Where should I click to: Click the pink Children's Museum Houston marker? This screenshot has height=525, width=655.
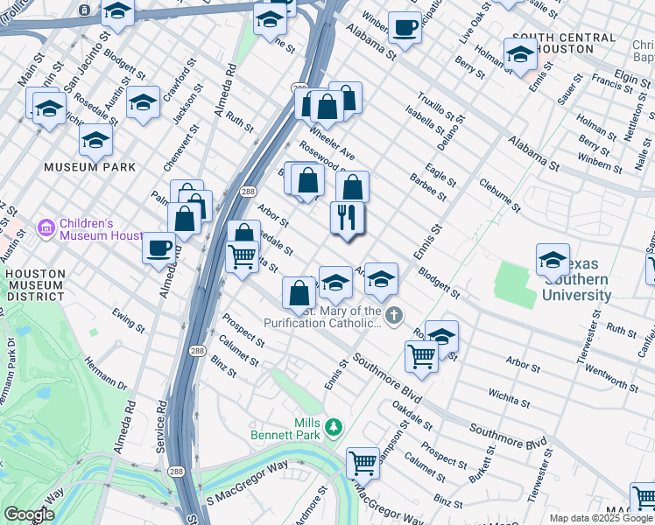tap(46, 228)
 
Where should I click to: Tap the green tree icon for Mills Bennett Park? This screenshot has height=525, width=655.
tap(333, 427)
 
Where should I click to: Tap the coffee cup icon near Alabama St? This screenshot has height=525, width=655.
tap(404, 27)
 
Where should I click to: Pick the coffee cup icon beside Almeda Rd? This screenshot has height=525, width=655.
tap(158, 246)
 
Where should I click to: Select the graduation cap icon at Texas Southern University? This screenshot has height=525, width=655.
tap(553, 260)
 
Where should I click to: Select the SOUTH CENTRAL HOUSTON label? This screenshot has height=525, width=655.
tap(563, 45)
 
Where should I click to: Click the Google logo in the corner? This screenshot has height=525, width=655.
tap(28, 514)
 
